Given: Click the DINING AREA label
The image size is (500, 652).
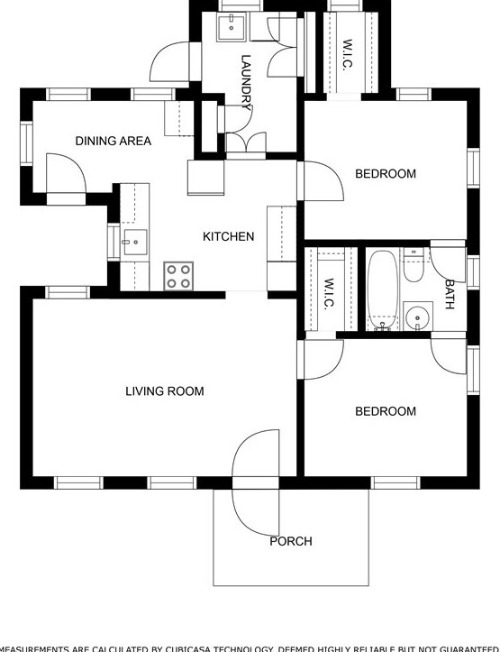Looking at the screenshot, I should [x=113, y=141].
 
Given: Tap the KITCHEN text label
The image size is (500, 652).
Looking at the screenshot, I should [x=228, y=236].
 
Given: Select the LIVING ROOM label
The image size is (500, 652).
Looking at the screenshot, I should [x=164, y=391].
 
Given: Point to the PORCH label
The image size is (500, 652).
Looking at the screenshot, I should [x=291, y=541].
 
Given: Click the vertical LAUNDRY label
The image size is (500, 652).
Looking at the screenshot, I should [x=246, y=82].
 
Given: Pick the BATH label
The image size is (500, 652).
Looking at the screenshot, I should [x=450, y=294].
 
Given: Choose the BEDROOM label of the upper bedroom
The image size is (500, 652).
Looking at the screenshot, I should [x=385, y=174].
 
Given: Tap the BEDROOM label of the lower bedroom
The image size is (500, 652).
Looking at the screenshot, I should [x=385, y=411].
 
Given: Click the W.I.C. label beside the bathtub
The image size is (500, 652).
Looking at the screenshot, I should [x=329, y=292].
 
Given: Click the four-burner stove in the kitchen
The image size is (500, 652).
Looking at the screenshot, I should [x=178, y=276].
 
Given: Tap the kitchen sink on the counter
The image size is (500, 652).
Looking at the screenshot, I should [x=134, y=243].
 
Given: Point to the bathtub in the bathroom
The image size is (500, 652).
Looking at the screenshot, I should [x=382, y=289].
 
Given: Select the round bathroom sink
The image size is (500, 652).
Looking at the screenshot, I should [x=416, y=317].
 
